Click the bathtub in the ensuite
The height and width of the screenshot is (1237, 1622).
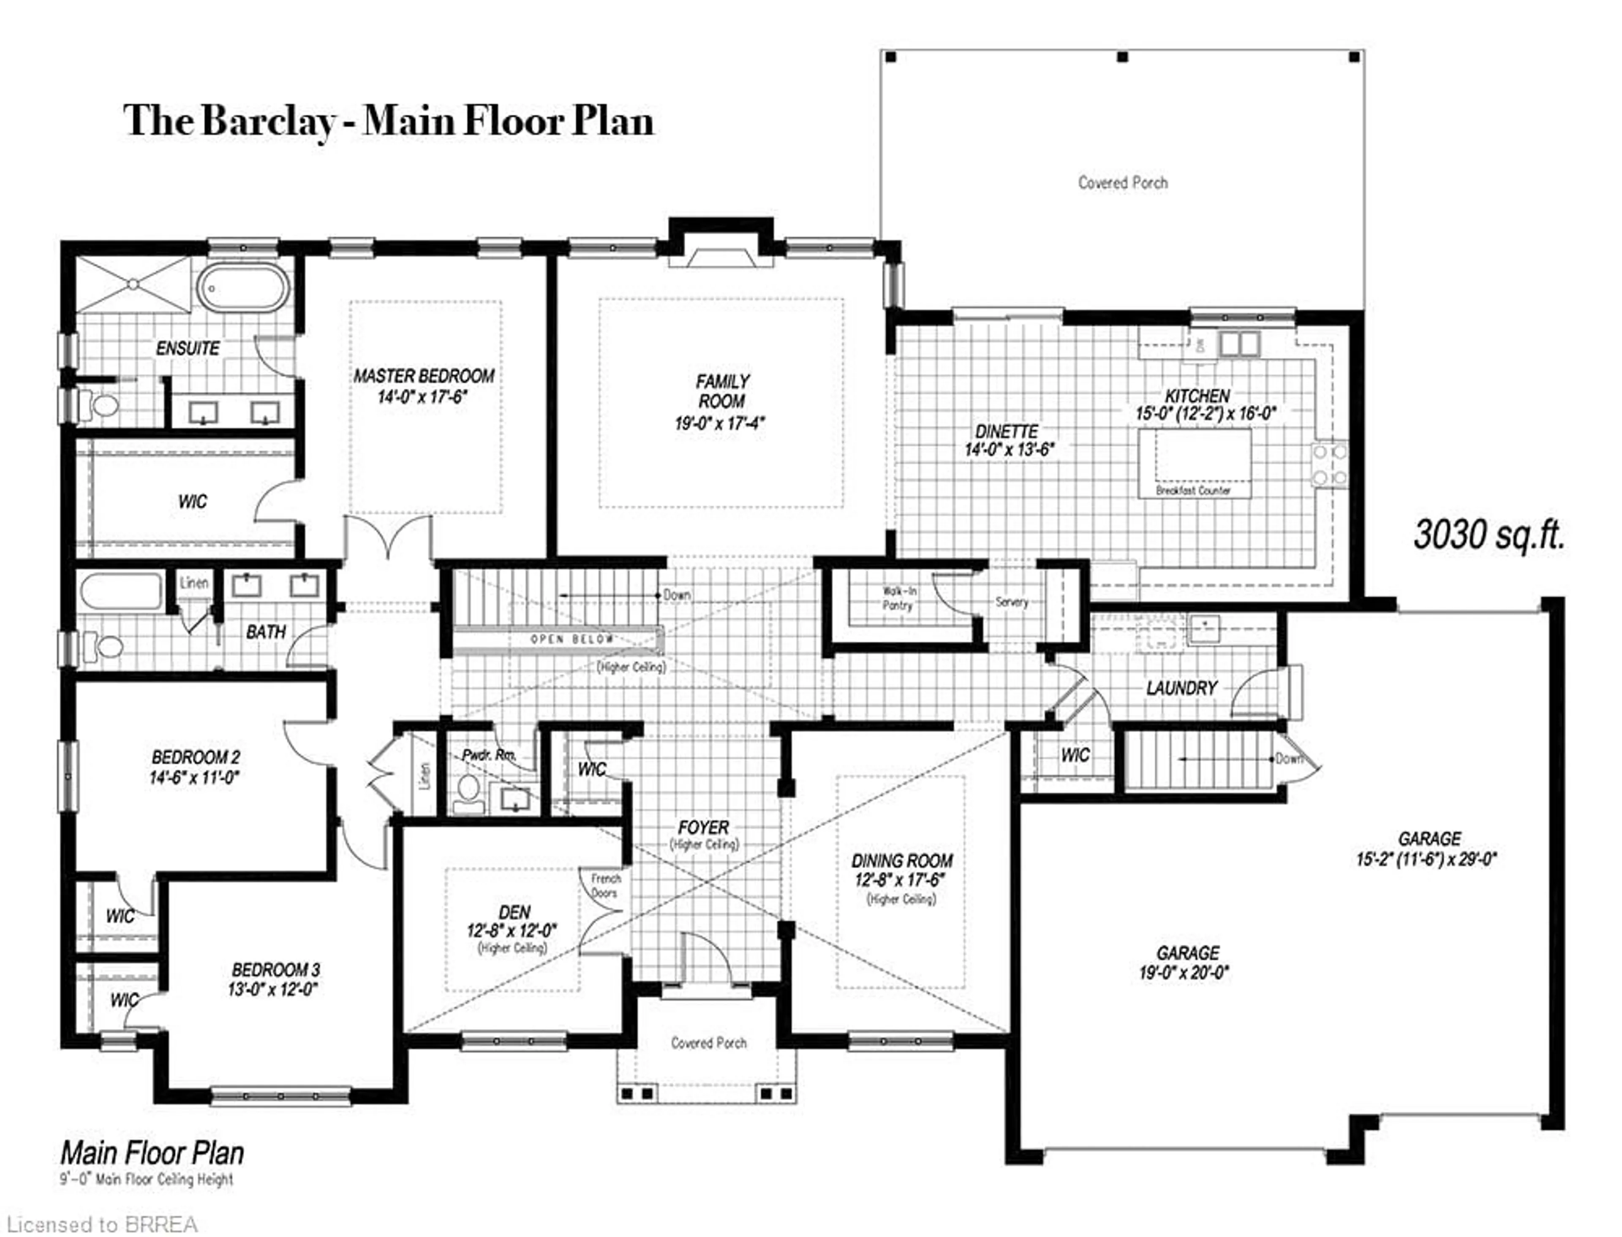(243, 289)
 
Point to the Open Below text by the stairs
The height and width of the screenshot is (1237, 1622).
(572, 639)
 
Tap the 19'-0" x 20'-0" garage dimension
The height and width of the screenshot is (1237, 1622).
(1184, 973)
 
